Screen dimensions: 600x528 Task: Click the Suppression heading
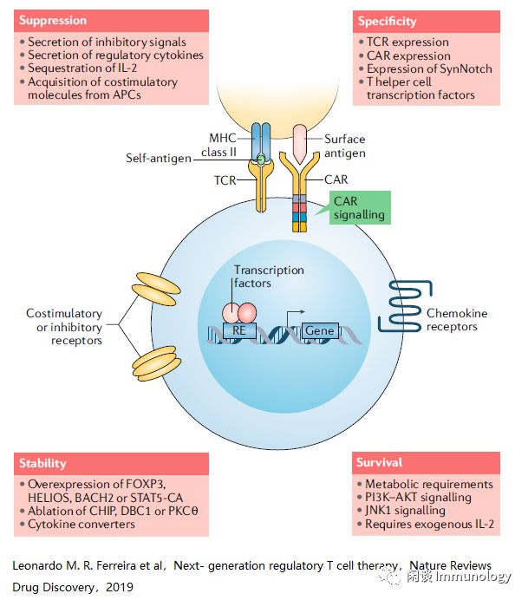point(55,19)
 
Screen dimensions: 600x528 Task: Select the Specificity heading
point(387,20)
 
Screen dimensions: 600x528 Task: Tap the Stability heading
point(43,463)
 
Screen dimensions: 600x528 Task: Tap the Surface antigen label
point(344,146)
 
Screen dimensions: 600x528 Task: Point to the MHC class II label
point(223,146)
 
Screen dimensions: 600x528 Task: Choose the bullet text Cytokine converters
point(81,525)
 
